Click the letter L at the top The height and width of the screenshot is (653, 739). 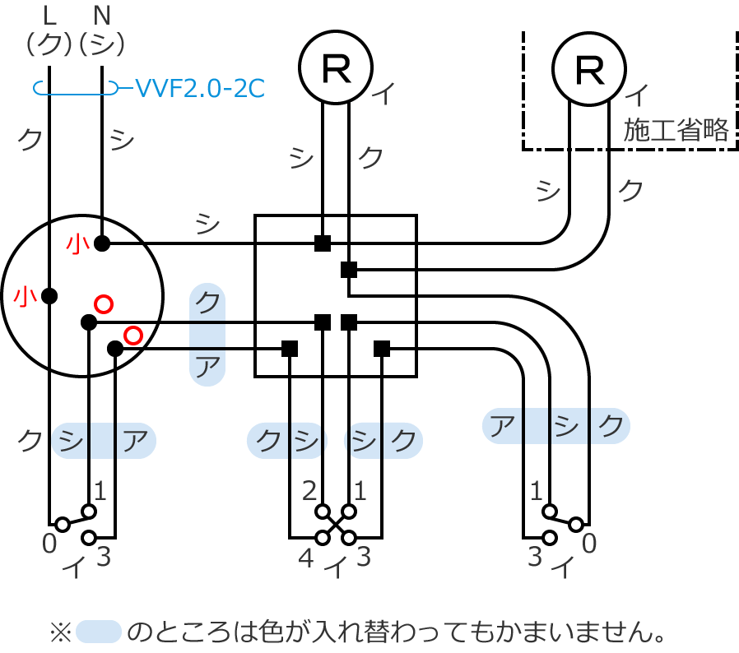click(49, 14)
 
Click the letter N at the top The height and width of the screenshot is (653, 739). click(101, 14)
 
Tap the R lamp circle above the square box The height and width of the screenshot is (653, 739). click(335, 67)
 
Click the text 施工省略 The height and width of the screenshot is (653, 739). click(676, 130)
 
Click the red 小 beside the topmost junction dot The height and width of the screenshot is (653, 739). click(77, 243)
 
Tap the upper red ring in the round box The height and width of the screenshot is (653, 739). click(104, 303)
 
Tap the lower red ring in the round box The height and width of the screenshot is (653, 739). click(133, 335)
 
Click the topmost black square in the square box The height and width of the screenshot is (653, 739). click(323, 243)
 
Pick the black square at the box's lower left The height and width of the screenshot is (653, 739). click(289, 349)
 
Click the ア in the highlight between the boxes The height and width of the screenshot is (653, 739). click(208, 364)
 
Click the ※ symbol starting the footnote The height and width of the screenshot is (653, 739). click(61, 632)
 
